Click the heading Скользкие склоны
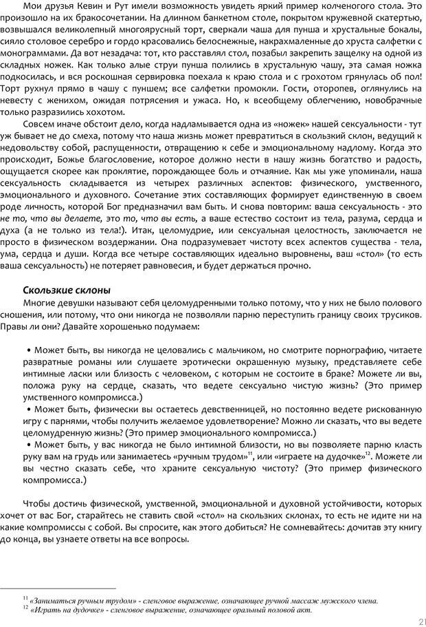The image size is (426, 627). point(67,290)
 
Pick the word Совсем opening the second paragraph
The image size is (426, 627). point(40,125)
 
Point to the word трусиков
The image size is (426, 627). point(401,315)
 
